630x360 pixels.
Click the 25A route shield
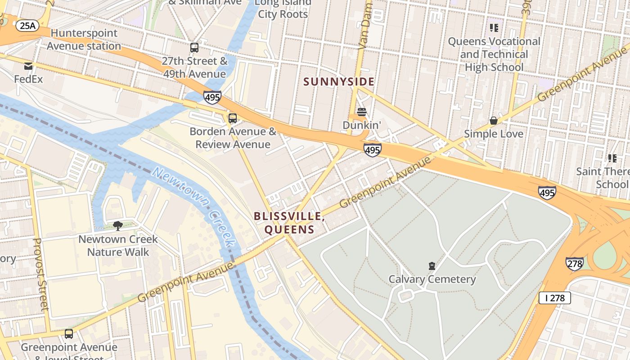tap(27, 26)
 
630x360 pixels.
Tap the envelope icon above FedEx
tap(28, 66)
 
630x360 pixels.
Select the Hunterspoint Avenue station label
tap(84, 40)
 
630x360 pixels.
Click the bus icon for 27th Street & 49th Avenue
tap(194, 48)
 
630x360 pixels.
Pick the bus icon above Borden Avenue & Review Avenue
tap(232, 118)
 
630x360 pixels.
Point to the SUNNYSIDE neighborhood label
tap(338, 81)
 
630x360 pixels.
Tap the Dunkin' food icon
tap(362, 112)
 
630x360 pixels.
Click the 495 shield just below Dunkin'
tap(373, 150)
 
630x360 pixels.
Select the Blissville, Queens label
tap(289, 223)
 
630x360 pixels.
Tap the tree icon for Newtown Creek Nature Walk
tap(118, 226)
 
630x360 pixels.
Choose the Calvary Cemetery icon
tap(432, 266)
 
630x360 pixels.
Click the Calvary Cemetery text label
tap(432, 279)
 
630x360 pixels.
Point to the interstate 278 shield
tap(575, 264)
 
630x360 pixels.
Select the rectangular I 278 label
tap(554, 297)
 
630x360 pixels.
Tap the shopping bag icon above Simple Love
tap(494, 121)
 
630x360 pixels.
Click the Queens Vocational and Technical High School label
tap(494, 54)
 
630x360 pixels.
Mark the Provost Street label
tap(40, 274)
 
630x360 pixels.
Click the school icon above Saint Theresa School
tap(612, 158)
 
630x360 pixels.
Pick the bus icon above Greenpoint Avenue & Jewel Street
tap(69, 334)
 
